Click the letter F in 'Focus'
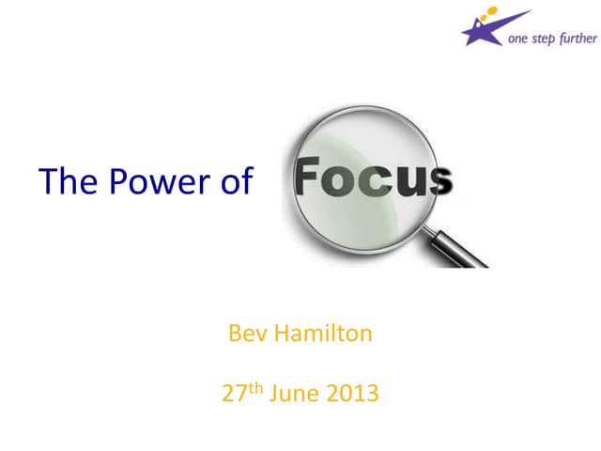click(x=309, y=179)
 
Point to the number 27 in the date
click(x=233, y=393)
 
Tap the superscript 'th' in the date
click(x=254, y=386)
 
